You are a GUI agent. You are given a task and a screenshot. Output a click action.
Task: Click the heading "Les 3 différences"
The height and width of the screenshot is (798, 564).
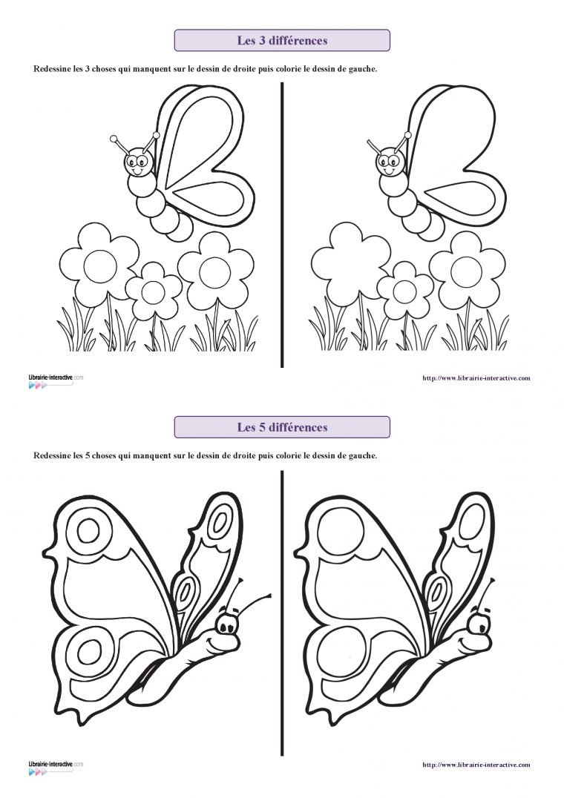click(x=282, y=41)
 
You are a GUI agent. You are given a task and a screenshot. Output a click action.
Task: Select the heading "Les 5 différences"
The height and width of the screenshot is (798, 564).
click(x=282, y=427)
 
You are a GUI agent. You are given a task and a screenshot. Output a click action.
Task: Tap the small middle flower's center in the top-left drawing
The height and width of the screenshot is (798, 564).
click(x=153, y=291)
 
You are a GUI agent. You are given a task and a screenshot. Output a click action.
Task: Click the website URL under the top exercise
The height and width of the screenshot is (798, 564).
click(x=476, y=378)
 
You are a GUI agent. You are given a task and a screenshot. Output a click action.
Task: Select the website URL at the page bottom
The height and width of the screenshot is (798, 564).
click(x=476, y=765)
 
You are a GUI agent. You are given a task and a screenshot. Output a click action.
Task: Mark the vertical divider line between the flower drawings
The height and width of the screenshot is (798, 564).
click(x=282, y=222)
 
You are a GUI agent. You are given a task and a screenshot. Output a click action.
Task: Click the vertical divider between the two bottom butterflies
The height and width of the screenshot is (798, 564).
click(x=282, y=612)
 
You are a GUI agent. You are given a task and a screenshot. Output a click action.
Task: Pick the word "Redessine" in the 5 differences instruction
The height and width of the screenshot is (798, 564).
click(x=53, y=455)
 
